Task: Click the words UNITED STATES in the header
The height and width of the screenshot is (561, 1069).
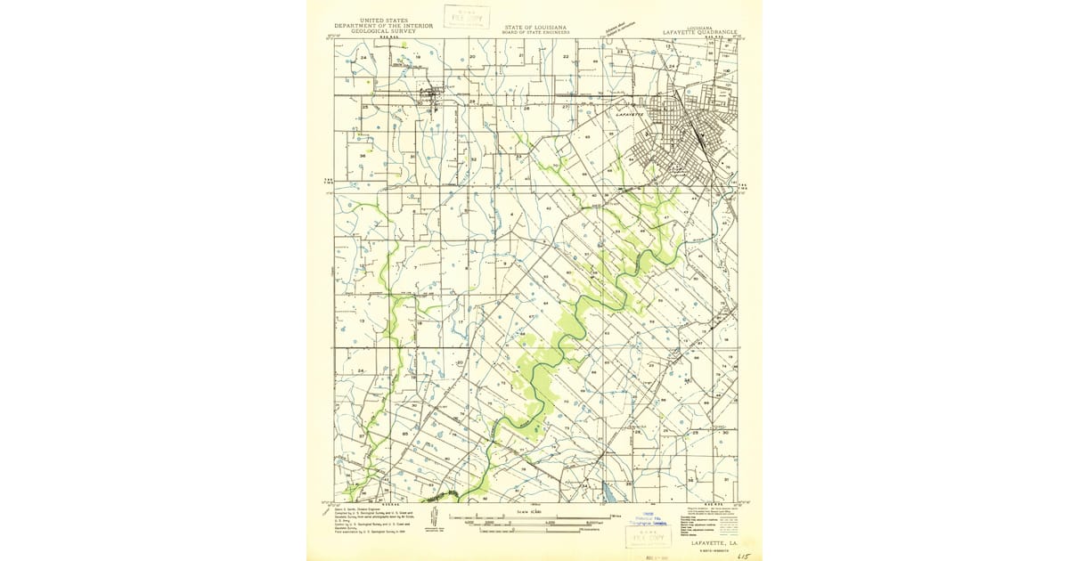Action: (x=383, y=20)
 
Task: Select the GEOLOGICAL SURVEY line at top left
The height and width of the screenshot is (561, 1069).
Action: (x=383, y=31)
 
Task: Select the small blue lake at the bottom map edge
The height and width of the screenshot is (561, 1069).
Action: (x=608, y=492)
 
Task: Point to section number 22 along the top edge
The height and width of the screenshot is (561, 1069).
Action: (x=566, y=56)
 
